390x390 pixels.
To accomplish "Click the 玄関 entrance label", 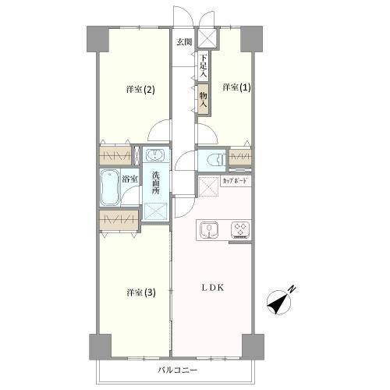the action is [184, 42].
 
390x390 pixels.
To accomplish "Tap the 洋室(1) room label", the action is [236, 87].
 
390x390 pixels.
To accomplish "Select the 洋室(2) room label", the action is [140, 90].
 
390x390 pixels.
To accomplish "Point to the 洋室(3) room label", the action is [141, 292].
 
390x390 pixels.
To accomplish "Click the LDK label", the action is [213, 288].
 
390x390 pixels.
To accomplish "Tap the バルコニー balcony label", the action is [178, 370].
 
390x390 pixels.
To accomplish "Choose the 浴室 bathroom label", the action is [129, 179].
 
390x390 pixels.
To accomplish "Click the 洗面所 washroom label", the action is [156, 183].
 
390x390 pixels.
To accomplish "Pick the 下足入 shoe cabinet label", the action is [204, 66].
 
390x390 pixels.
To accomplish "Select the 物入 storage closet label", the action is [204, 100].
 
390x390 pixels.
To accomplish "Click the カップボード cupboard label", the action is [235, 181].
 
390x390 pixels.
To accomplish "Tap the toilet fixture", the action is [215, 160].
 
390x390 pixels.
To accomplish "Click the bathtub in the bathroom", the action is [110, 187].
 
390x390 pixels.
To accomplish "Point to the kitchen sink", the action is [208, 230].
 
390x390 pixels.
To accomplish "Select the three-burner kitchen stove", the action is [240, 230].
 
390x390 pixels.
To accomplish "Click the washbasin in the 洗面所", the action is [154, 155].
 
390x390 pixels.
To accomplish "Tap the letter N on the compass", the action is [293, 289].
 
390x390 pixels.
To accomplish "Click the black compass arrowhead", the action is [278, 303].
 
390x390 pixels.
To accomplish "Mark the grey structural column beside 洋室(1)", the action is [251, 39].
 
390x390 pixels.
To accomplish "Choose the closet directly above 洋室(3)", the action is [119, 221].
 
